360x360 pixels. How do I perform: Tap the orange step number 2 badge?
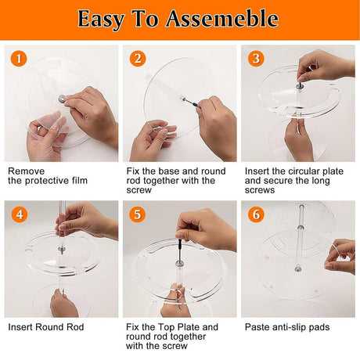(139, 59)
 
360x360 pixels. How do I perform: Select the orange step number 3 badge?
(256, 59)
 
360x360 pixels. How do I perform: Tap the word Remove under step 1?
(26, 171)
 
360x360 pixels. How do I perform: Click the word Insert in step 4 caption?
(22, 326)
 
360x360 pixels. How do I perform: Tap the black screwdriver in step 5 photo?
(183, 250)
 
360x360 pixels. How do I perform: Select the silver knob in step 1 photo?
(60, 99)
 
